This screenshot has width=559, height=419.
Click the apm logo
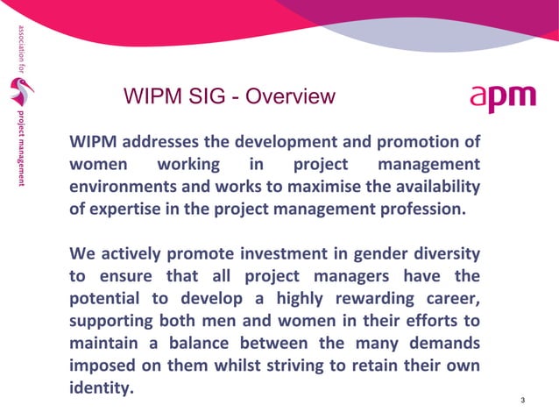pyautogui.click(x=502, y=98)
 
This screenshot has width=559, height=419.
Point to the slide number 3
pyautogui.click(x=522, y=401)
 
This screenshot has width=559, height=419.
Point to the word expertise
pyautogui.click(x=128, y=210)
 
